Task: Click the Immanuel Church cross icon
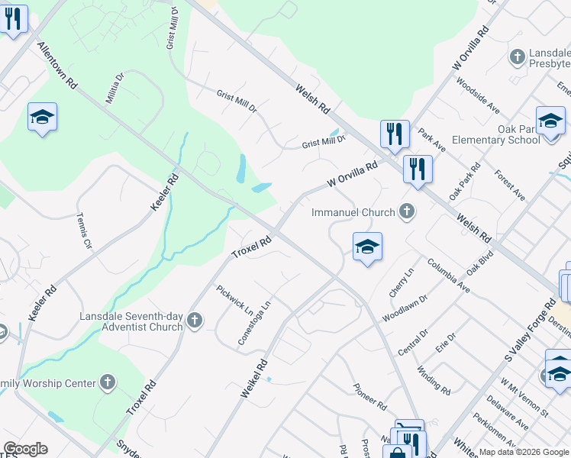pos(408,211)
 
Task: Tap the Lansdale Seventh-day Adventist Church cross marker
pos(195,321)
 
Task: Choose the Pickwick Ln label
pos(234,301)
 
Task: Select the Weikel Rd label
pos(255,378)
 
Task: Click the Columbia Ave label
pos(449,276)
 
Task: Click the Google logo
pos(26,449)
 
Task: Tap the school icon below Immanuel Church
pos(367,247)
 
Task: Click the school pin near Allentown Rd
pos(42,117)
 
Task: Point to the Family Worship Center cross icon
pos(108,382)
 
